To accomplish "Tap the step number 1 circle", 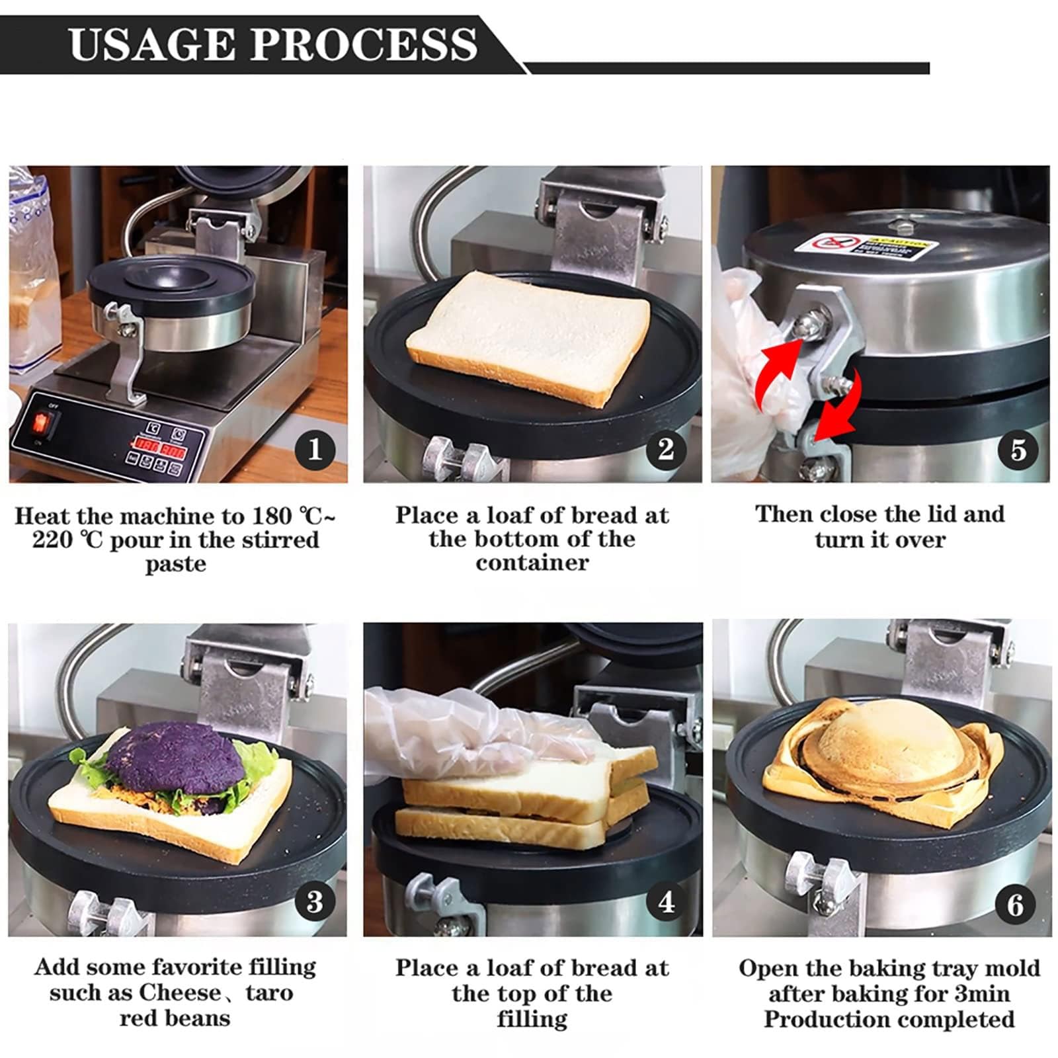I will pos(315,450).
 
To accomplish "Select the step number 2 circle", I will pos(666,450).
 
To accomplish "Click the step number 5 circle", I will pos(1018,450).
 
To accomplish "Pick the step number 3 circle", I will pos(315,902).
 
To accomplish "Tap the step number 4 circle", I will pos(666,902).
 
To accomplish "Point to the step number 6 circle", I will pos(1016,905).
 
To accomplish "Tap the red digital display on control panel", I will pos(157,447).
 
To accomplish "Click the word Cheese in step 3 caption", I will pos(180,993).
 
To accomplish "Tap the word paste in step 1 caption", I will pos(175,564).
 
